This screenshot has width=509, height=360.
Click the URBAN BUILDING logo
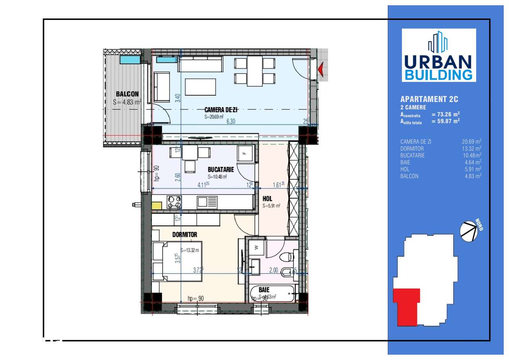click(439, 55)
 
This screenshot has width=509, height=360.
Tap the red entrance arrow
click(321, 70)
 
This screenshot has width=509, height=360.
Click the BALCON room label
click(127, 94)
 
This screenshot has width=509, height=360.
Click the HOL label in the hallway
click(267, 198)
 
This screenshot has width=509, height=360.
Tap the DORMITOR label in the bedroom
click(185, 234)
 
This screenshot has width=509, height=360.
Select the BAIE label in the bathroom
click(264, 290)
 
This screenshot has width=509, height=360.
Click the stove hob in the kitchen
click(174, 202)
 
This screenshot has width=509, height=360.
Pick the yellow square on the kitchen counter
click(156, 206)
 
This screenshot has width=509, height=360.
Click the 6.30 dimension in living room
click(231, 122)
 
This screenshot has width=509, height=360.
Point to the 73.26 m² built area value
click(445, 114)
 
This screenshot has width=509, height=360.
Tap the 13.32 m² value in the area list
click(473, 148)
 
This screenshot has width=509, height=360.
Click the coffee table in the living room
click(200, 87)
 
